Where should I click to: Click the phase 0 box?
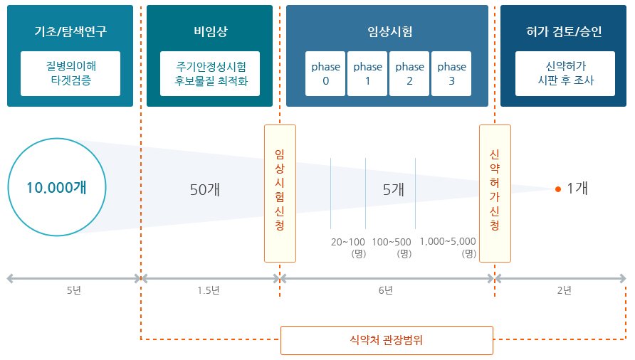[325, 73]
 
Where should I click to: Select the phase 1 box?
[367, 73]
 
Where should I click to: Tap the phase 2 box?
[409, 73]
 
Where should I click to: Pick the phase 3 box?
[451, 73]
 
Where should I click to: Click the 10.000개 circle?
[56, 188]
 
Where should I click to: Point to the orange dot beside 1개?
[558, 189]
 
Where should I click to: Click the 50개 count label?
[205, 189]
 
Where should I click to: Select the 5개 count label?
[394, 189]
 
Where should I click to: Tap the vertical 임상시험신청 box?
[280, 194]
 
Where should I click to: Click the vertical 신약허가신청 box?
[495, 194]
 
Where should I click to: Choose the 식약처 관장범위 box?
[387, 340]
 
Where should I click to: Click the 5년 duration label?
[73, 290]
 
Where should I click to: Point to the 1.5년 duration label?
[208, 290]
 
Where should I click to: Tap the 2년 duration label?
[564, 290]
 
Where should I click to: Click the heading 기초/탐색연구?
[70, 32]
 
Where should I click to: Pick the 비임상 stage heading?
[210, 32]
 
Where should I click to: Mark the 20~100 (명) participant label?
[348, 247]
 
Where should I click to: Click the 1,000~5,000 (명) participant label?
[448, 247]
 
